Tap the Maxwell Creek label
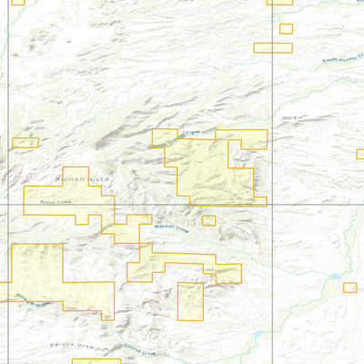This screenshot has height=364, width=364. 169,227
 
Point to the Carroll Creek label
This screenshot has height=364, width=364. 140,349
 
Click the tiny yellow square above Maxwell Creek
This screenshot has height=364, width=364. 208,220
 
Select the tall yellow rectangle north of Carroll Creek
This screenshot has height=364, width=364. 189,301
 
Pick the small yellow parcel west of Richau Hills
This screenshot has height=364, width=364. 25,143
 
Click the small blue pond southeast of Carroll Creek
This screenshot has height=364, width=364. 258,334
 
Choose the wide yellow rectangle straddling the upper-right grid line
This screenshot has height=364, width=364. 273,47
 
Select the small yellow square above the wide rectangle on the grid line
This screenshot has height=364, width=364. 286,28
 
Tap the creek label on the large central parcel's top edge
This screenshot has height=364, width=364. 187,135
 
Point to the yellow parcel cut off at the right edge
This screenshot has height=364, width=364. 359,154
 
